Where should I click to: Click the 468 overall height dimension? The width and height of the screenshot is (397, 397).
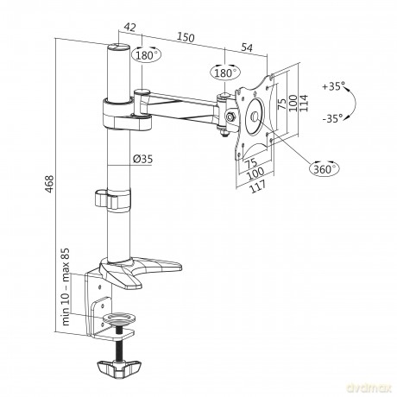[x=49, y=184]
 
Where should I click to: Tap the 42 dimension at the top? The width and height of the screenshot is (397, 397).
[x=130, y=28]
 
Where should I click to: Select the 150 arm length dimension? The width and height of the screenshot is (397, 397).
[x=186, y=37]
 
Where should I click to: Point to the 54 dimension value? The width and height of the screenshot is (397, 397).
[x=247, y=47]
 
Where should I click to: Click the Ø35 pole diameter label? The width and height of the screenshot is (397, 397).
[x=142, y=159]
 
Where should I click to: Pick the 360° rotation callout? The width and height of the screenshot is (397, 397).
[x=325, y=168]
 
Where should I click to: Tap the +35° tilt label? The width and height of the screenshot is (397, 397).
[x=334, y=86]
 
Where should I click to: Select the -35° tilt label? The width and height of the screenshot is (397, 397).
[x=333, y=118]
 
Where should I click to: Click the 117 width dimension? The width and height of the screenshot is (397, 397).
[x=258, y=187]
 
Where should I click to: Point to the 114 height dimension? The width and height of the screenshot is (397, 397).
[x=304, y=103]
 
